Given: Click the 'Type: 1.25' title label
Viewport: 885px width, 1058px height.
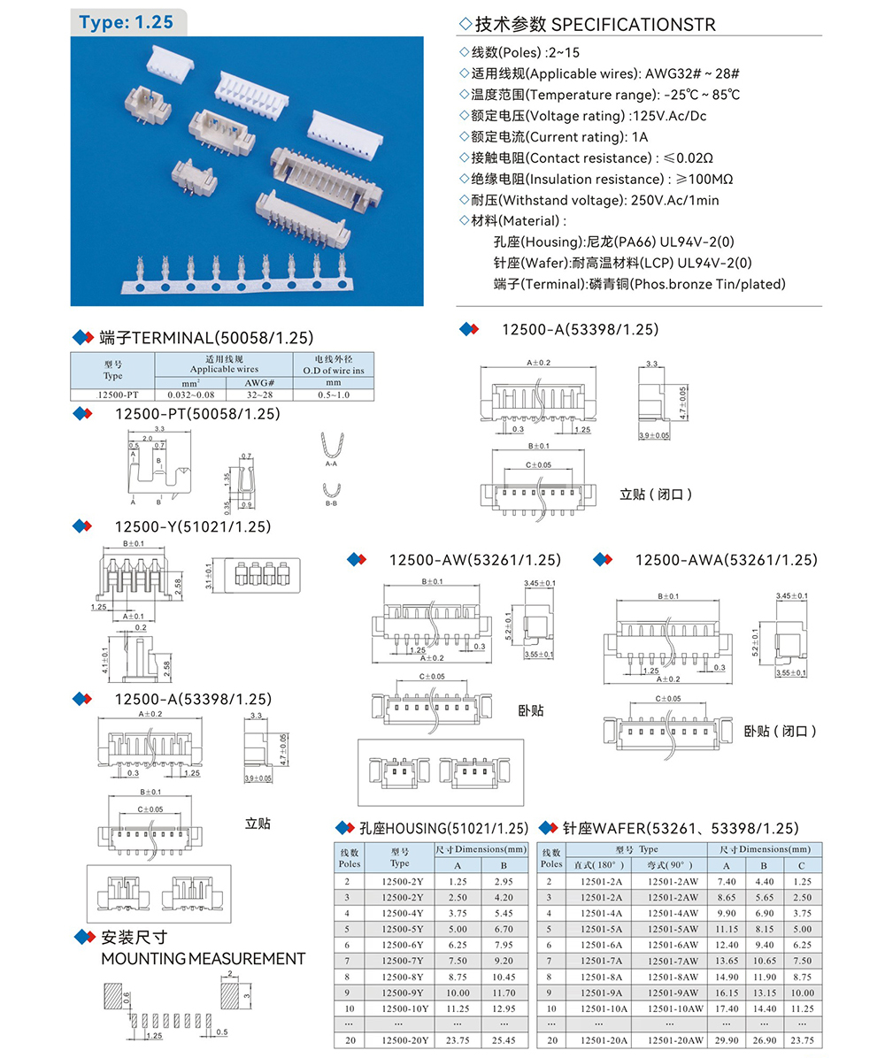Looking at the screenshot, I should click(126, 22).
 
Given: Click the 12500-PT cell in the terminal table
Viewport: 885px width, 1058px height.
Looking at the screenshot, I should click(112, 395).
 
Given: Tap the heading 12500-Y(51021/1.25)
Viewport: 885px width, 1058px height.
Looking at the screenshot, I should click(192, 527).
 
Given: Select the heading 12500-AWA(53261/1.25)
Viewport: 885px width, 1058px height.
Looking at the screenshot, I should click(726, 560).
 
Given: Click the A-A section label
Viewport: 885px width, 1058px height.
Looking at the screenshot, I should click(331, 463).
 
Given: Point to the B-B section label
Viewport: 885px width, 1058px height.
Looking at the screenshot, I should click(331, 502).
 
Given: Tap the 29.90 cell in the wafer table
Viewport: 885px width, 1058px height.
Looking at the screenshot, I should click(727, 1040).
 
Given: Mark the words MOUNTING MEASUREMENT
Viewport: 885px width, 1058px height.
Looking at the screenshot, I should click(204, 959).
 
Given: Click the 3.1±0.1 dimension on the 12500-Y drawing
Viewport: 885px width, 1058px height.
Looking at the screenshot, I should click(209, 575).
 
